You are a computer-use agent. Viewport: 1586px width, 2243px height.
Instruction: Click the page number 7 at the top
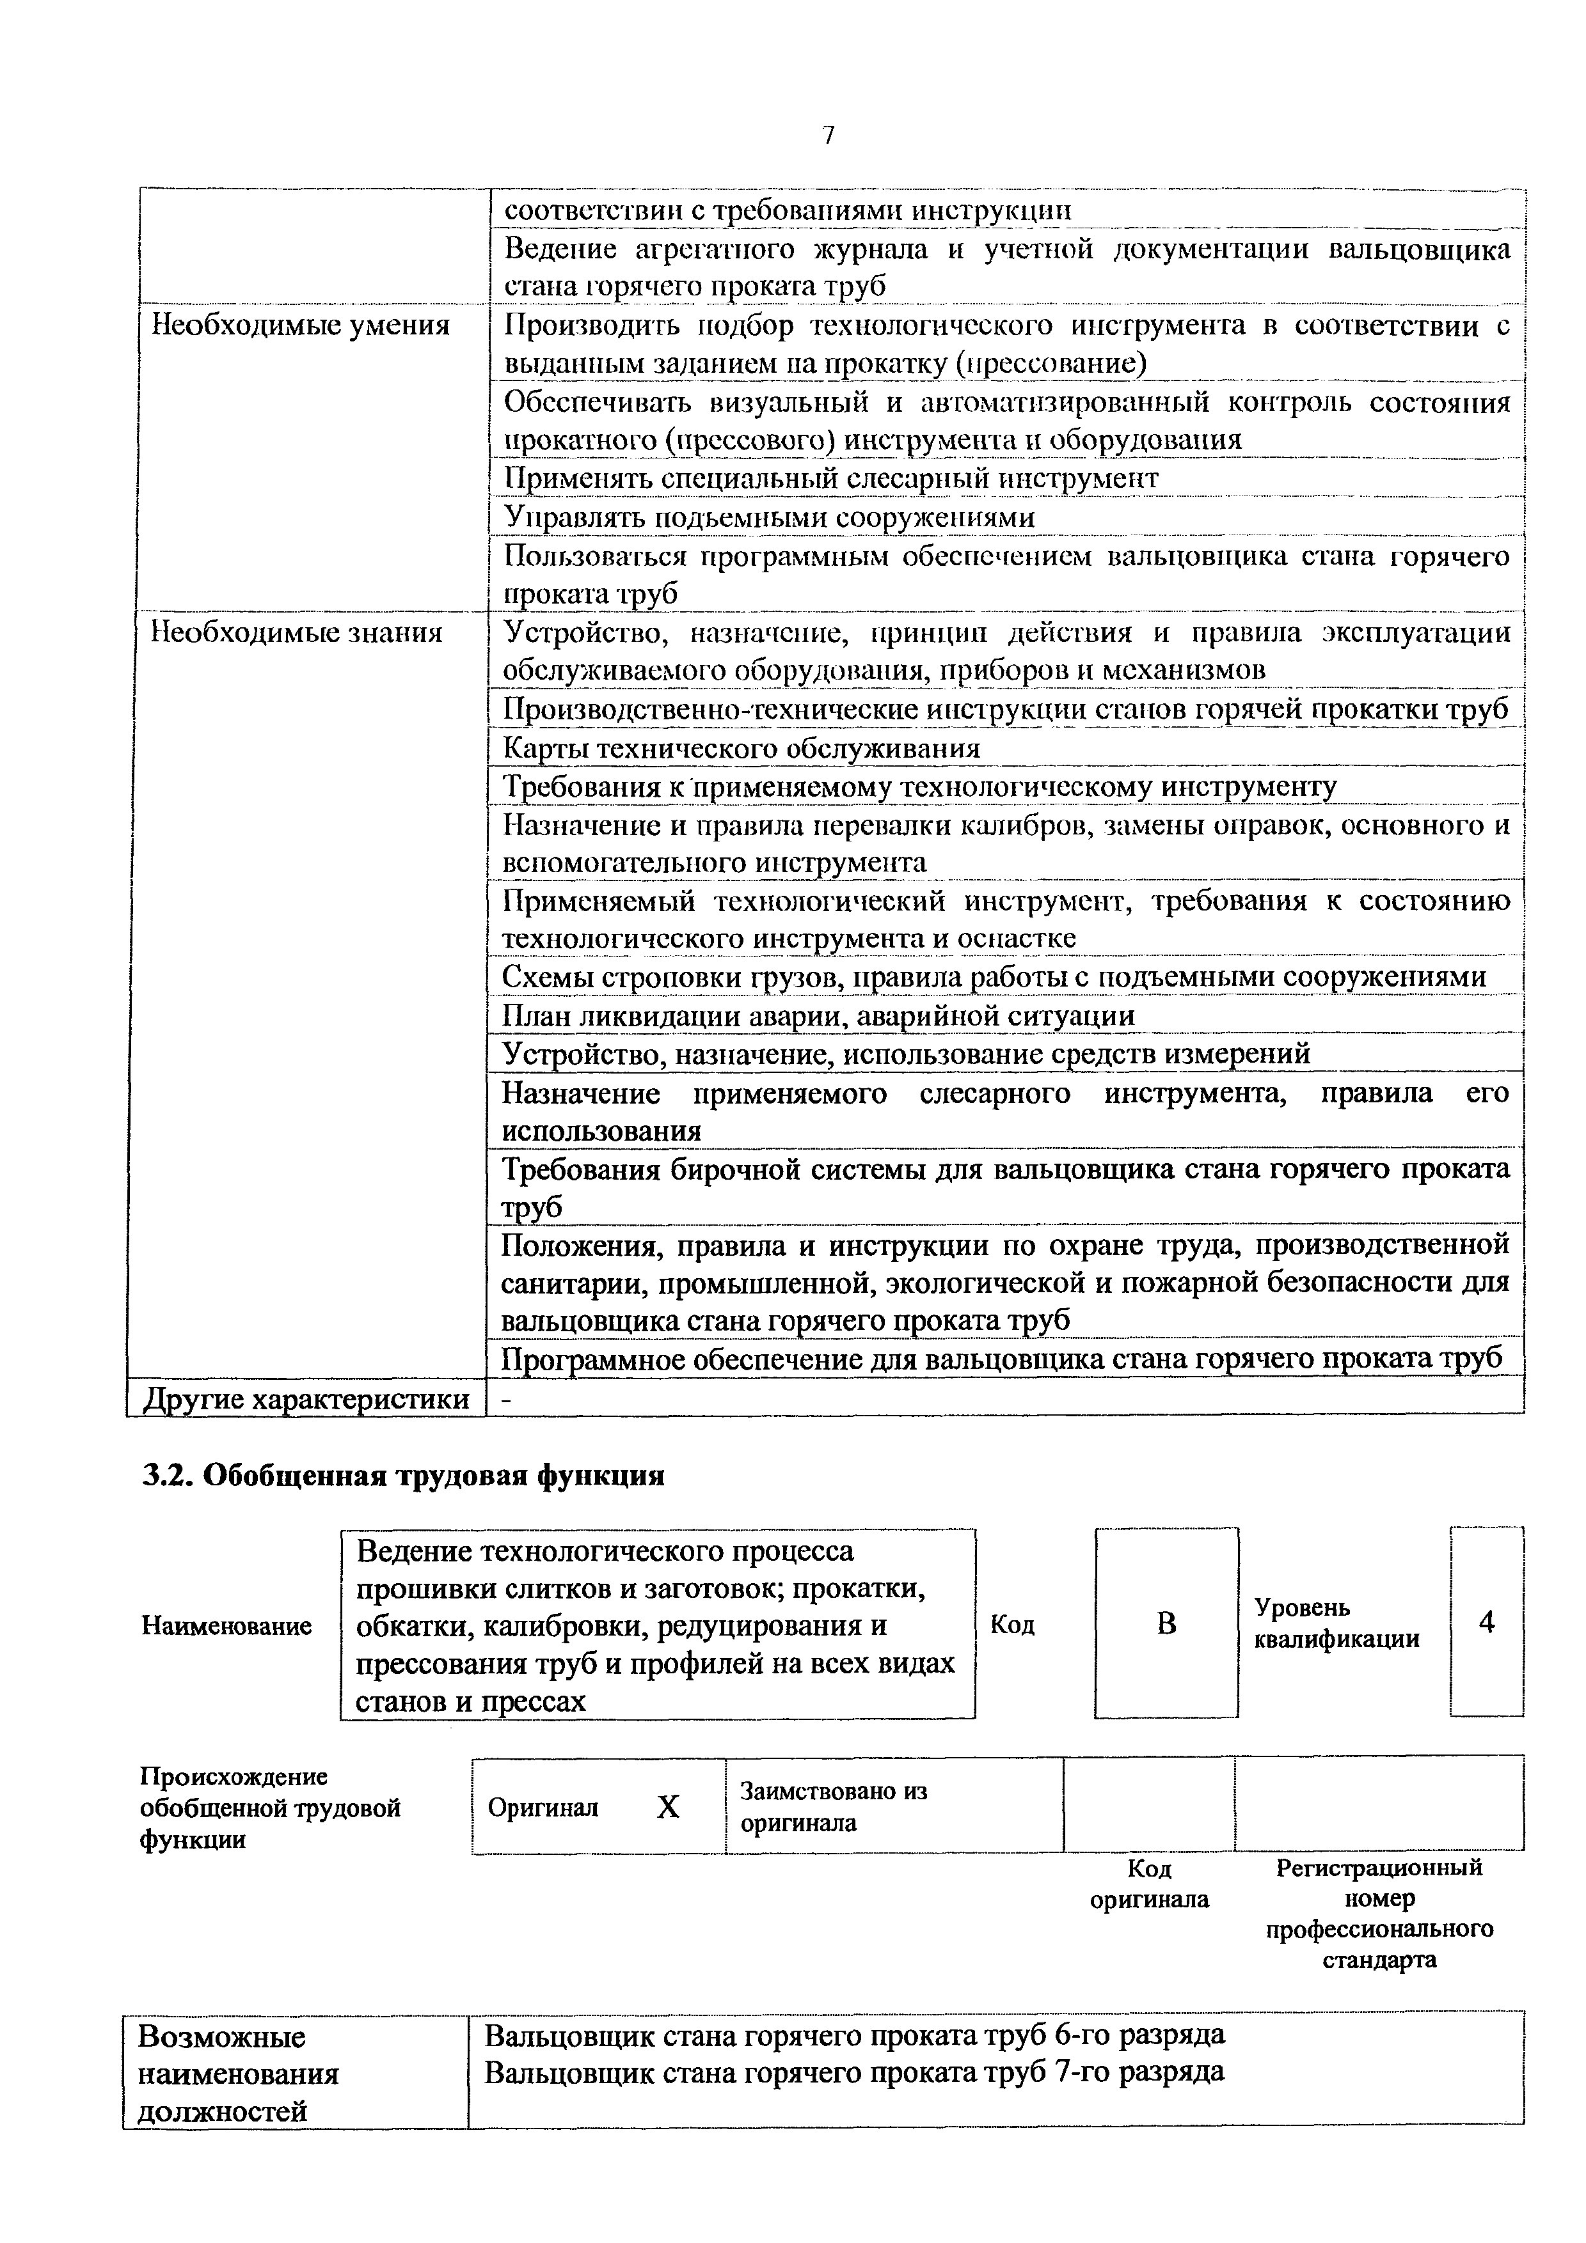pos(828,136)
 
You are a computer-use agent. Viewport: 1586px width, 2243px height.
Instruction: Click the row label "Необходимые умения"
pos(300,325)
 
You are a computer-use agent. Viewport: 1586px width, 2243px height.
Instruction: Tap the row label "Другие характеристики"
pos(306,1399)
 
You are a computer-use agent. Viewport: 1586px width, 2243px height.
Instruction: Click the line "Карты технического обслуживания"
pos(741,748)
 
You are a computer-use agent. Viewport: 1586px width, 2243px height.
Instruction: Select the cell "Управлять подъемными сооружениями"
pos(769,517)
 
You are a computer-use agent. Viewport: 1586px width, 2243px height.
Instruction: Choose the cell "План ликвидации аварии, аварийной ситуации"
pos(819,1016)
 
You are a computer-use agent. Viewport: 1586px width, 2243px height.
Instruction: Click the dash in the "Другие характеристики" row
pos(505,1400)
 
